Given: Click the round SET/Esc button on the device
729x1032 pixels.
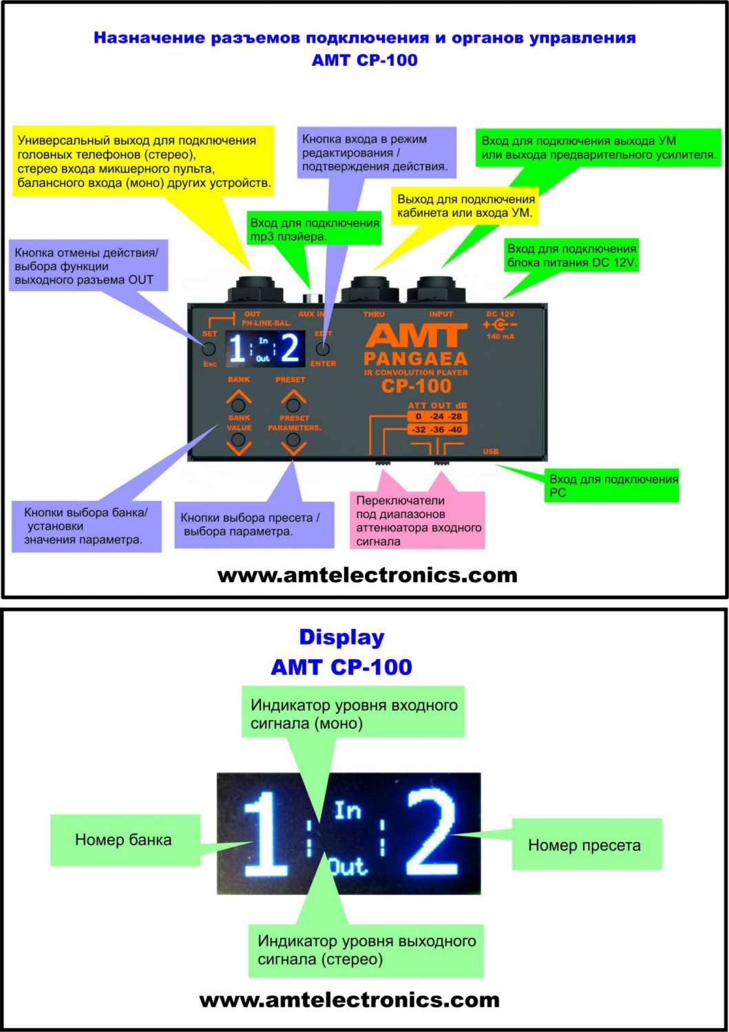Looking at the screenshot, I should tap(209, 349).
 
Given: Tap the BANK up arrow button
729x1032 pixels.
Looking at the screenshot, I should tap(239, 403).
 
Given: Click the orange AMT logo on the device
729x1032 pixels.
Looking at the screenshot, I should tap(416, 337).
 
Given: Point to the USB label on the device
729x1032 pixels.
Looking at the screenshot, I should tap(491, 451).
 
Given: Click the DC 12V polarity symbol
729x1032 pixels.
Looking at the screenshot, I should tap(500, 325).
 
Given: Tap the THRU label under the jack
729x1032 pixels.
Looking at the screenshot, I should tap(374, 314).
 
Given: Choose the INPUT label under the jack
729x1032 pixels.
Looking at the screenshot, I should tap(441, 314).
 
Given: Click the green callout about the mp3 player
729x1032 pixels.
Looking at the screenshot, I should tap(314, 229).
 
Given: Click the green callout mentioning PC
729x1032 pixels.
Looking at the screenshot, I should tap(613, 485).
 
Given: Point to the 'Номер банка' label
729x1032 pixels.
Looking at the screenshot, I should tap(124, 839).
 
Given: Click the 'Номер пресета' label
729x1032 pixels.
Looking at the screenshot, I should tap(584, 845).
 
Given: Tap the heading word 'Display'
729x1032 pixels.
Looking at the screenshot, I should tap(341, 637).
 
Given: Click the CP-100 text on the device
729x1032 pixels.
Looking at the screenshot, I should tap(416, 386).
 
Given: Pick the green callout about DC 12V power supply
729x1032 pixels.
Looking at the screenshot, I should tap(571, 255).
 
